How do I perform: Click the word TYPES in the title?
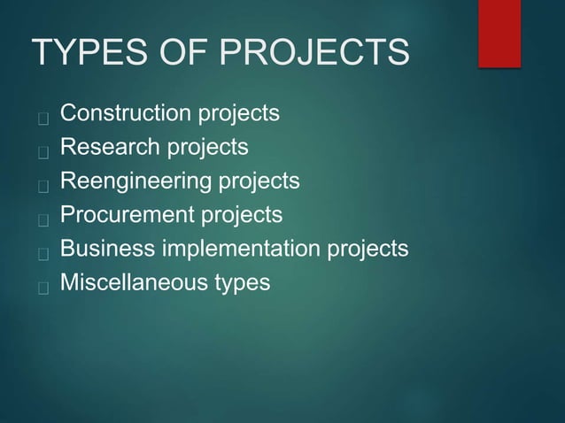(76, 52)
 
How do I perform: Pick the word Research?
(104, 148)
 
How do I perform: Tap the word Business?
(105, 250)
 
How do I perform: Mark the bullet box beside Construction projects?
(41, 116)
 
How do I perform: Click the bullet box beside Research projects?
(41, 150)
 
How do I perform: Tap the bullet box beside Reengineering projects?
(41, 184)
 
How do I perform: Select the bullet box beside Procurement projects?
(41, 218)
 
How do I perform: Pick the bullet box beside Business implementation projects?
(41, 252)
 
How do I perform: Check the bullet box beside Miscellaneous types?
(41, 286)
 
